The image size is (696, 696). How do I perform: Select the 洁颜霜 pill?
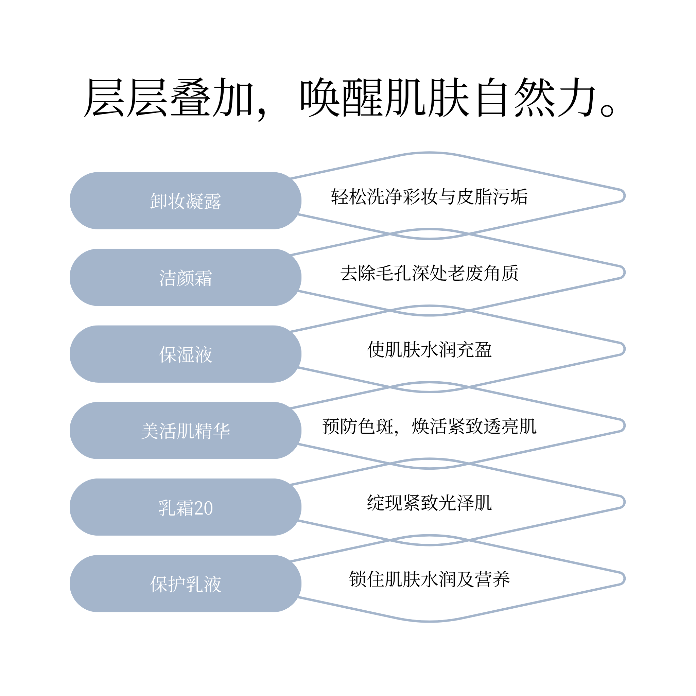click(x=186, y=277)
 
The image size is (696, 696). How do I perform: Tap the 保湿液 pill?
click(x=186, y=354)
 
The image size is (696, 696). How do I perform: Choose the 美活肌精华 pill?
click(x=186, y=431)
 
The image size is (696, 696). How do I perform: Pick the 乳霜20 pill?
click(x=186, y=507)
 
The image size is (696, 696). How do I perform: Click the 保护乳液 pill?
click(x=186, y=584)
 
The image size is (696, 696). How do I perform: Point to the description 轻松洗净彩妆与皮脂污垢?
click(x=430, y=197)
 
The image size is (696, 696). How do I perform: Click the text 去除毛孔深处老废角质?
click(x=430, y=273)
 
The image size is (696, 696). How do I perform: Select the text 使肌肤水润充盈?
click(x=430, y=350)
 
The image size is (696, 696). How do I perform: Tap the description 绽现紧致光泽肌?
click(x=430, y=503)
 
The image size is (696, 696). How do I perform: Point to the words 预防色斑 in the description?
click(x=358, y=427)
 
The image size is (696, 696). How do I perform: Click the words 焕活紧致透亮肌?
click(x=474, y=427)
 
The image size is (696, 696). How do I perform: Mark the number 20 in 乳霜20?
click(x=203, y=508)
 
